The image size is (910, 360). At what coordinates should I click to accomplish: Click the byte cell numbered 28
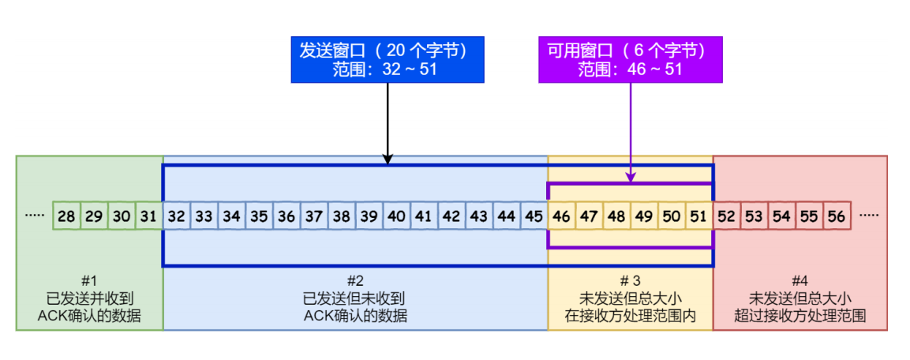66,216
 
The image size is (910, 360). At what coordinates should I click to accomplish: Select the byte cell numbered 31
149,216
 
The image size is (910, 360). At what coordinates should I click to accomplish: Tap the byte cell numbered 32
177,216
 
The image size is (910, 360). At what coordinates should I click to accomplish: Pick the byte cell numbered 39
369,216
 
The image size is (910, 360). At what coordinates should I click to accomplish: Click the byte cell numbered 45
534,216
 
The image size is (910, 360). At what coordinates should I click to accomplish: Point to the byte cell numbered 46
561,216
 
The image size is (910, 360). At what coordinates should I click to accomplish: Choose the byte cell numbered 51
698,216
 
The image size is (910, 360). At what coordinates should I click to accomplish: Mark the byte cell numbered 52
727,216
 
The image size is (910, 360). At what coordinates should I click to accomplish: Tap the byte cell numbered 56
837,216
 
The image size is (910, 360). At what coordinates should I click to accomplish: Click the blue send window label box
388,59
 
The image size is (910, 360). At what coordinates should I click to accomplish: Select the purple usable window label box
631,59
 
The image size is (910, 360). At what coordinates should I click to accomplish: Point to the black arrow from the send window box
388,124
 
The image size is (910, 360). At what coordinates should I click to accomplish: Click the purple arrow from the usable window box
631,133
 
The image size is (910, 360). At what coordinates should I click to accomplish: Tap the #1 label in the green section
89,282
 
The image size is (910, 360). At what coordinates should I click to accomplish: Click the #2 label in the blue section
355,282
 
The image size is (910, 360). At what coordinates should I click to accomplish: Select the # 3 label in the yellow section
631,282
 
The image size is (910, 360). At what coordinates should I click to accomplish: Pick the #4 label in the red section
800,282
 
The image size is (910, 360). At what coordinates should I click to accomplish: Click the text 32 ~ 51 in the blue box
410,69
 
